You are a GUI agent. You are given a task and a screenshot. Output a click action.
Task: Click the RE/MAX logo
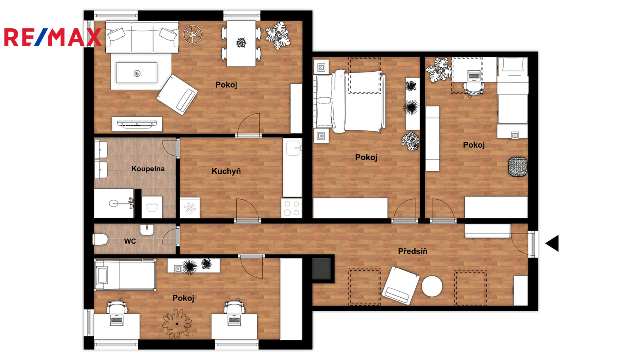pos(53,37)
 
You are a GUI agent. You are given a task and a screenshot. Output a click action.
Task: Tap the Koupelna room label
pos(148,169)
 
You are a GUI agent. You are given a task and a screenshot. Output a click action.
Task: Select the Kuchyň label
pos(226,171)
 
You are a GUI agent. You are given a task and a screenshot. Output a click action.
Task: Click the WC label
pos(130,242)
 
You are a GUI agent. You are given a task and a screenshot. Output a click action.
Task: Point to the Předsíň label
pos(413,252)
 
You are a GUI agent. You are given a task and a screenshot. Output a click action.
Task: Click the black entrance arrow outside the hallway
pos(552,244)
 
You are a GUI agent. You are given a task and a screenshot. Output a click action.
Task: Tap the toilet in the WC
pos(100,240)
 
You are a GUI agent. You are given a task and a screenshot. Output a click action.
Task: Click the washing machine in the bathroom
pos(152,207)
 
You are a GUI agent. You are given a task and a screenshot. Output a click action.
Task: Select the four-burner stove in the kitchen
pos(292,208)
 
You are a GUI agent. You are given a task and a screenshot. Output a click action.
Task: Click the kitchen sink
pos(294,148)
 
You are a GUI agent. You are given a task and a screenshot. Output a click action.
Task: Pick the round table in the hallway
pos(432,286)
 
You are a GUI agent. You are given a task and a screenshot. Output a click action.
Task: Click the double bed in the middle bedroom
pos(350,102)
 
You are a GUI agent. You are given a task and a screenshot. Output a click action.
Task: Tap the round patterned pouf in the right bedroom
pos(518,166)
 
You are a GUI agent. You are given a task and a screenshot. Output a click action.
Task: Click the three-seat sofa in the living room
pos(142,37)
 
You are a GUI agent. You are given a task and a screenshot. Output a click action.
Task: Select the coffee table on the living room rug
pos(136,73)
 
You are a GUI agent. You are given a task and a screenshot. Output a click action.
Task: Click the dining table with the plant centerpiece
pos(241,44)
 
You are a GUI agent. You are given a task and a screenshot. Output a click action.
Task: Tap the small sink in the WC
pos(147,230)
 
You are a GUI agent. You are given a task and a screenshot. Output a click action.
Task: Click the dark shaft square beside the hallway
pos(322,268)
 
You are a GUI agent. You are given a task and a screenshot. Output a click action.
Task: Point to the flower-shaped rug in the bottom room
pos(177,324)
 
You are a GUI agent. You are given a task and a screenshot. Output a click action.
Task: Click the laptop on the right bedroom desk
pos(474,76)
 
